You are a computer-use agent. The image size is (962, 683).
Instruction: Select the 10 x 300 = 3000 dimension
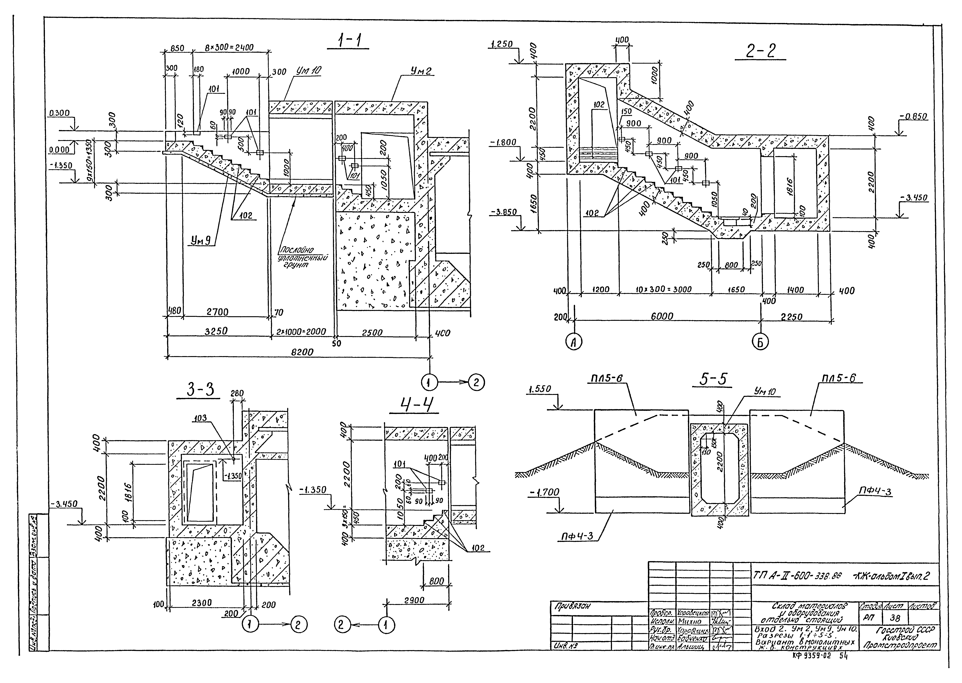click(665, 290)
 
